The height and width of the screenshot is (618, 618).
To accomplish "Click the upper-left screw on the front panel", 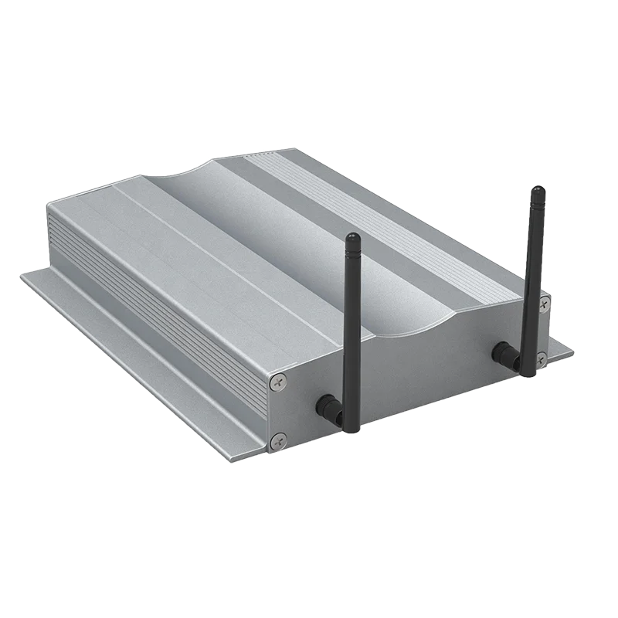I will coord(279,379).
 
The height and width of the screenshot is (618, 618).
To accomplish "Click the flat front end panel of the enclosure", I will coord(417,371).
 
